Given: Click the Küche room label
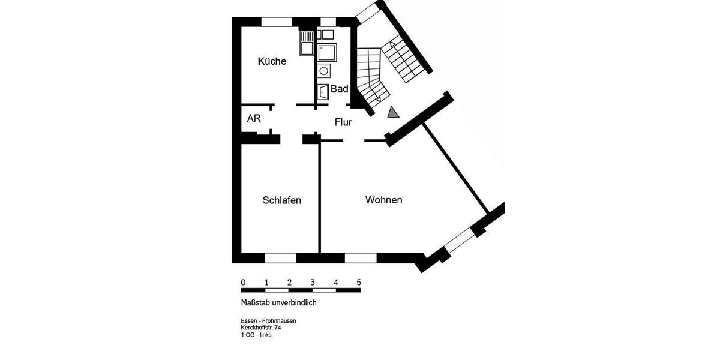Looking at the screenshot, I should (x=272, y=61).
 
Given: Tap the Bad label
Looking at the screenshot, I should (x=340, y=89).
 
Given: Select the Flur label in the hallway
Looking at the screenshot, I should (x=343, y=122).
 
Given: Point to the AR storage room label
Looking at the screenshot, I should (x=254, y=118).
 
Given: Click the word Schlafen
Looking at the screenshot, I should (x=281, y=200).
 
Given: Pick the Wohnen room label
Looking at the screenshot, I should (x=383, y=200).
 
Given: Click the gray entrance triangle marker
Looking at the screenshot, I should (x=393, y=112).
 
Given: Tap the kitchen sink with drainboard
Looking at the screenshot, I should (x=307, y=43).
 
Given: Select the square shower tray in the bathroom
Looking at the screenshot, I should (x=328, y=53).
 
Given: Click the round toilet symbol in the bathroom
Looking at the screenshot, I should (x=324, y=71).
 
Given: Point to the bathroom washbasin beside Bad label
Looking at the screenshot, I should (x=323, y=91).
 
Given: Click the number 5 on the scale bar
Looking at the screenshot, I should (x=359, y=282).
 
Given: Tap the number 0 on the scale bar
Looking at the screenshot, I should (x=243, y=282).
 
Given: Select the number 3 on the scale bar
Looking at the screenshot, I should (x=312, y=282).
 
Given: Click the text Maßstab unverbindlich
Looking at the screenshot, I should (x=278, y=302).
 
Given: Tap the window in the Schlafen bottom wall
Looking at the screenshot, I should (x=281, y=258).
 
